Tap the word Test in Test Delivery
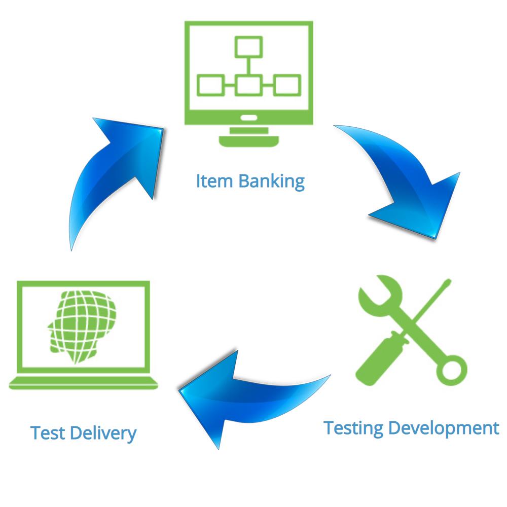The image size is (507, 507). (48, 433)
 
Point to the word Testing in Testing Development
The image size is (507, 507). (354, 428)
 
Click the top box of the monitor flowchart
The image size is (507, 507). (248, 47)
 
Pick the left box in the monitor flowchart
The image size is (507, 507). (210, 85)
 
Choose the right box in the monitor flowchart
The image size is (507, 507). (287, 85)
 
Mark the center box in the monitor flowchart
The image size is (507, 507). (248, 85)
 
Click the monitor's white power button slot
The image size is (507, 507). (248, 118)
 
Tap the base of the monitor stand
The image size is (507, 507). (248, 140)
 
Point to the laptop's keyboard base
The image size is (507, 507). (84, 383)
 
